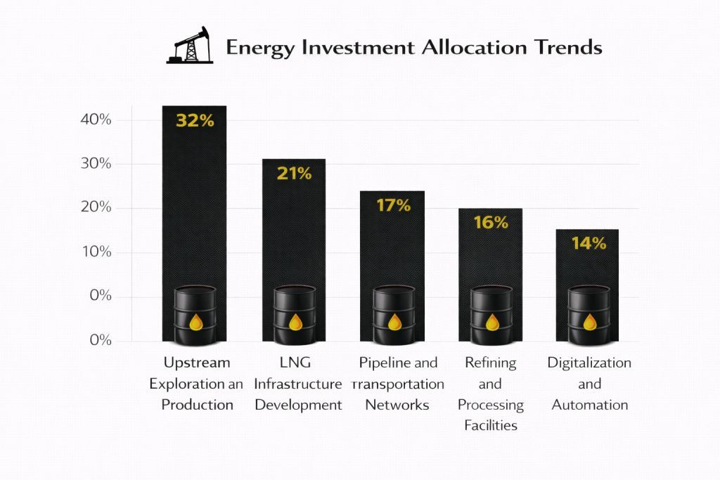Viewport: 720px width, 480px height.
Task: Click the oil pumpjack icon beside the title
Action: (x=189, y=46)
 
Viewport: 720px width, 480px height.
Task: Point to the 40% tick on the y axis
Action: (x=96, y=119)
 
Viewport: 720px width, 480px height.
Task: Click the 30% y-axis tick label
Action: (x=96, y=164)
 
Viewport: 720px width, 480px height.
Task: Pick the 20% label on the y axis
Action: (x=96, y=208)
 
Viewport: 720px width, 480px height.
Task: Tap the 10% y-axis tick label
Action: (x=96, y=252)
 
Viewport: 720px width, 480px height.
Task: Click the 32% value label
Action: (x=195, y=120)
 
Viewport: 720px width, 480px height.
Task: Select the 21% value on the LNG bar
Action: (x=294, y=173)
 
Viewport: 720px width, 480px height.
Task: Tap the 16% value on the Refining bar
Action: (x=491, y=223)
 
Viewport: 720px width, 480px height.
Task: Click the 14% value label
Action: (x=589, y=243)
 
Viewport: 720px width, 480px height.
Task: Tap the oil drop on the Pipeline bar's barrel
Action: (x=394, y=323)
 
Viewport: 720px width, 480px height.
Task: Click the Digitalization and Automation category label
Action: (x=589, y=384)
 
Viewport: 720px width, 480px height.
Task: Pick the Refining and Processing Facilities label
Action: (x=491, y=394)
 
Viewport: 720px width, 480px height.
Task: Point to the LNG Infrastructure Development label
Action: (x=298, y=384)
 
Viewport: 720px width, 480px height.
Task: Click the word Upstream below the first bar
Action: (x=197, y=363)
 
